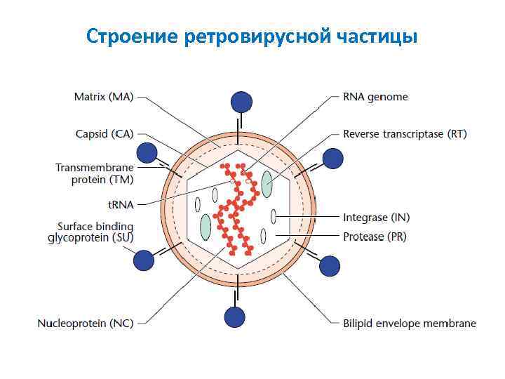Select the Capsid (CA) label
[104, 133]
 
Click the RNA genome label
[375, 97]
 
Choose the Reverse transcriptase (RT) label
[405, 133]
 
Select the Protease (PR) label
[375, 237]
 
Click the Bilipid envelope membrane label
[409, 324]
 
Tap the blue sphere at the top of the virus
[241, 102]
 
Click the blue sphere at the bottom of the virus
[235, 317]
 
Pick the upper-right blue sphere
[332, 159]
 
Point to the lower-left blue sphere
[143, 260]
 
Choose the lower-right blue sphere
[329, 266]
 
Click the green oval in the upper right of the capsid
[267, 184]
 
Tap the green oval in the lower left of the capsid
[206, 227]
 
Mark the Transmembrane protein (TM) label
[94, 173]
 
